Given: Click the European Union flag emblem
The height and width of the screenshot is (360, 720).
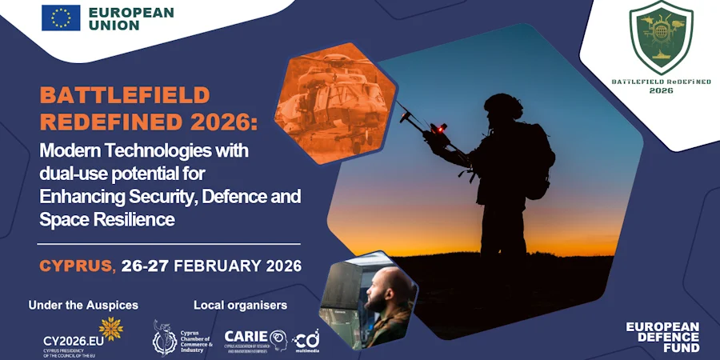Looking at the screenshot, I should [61, 17].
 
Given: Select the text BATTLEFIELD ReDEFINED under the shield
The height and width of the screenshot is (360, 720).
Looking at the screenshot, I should [649, 82].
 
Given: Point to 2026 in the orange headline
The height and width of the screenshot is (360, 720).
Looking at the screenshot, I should [220, 122].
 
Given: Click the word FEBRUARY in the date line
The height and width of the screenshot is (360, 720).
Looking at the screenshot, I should [215, 266].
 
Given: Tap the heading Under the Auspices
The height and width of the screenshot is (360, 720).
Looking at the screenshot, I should [83, 306].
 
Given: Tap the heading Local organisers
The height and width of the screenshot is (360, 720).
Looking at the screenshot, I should [240, 306].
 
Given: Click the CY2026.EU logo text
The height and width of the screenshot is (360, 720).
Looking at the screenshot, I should [70, 339].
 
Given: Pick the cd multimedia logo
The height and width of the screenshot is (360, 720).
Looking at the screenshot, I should [306, 339].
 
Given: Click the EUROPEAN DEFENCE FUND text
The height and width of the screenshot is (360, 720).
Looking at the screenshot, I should [662, 337].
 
